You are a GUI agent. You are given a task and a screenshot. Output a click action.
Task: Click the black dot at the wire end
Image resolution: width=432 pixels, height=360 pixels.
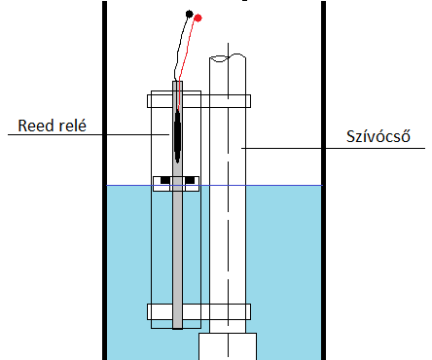pos(189,14)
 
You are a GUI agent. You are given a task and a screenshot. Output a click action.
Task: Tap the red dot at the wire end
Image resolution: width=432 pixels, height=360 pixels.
pos(198,18)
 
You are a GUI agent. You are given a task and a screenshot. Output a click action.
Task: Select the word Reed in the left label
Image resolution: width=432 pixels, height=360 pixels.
pos(34,126)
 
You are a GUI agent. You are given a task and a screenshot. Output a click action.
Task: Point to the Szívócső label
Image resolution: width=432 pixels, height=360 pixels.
pos(378,136)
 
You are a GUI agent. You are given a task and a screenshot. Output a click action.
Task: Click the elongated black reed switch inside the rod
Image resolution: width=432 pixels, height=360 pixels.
pos(177,136)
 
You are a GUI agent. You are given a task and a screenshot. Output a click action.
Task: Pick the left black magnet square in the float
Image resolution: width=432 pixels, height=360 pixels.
pos(165,180)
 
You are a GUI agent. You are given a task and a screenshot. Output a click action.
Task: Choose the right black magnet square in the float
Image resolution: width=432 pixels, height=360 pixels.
pos(190,180)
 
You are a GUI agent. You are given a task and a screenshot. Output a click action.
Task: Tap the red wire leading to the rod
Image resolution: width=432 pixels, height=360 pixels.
pos(186,61)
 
